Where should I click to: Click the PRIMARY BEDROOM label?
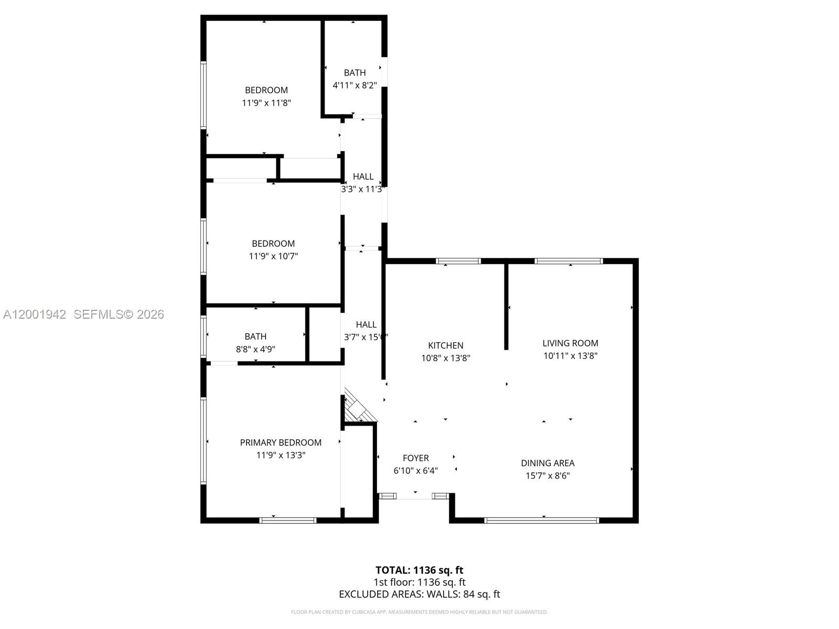click(281, 442)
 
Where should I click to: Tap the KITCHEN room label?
click(446, 345)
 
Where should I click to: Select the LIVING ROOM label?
click(570, 343)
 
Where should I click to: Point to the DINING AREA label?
click(547, 463)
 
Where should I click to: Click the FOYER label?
click(416, 458)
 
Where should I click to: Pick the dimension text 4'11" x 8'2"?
click(354, 85)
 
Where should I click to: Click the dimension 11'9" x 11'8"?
click(266, 103)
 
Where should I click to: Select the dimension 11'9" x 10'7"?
click(273, 256)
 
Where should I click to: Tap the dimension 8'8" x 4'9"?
click(255, 349)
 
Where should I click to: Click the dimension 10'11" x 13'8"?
click(570, 356)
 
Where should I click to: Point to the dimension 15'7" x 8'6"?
click(547, 476)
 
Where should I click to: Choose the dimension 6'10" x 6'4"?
click(416, 471)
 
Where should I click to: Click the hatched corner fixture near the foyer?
click(359, 406)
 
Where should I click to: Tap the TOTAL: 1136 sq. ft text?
click(419, 570)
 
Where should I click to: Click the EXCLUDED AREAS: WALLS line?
click(419, 594)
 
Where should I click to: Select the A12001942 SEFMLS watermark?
click(83, 314)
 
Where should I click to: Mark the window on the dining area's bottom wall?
click(541, 520)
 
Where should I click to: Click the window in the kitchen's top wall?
click(458, 261)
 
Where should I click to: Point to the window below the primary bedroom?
click(288, 520)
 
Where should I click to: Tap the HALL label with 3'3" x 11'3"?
click(363, 177)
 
